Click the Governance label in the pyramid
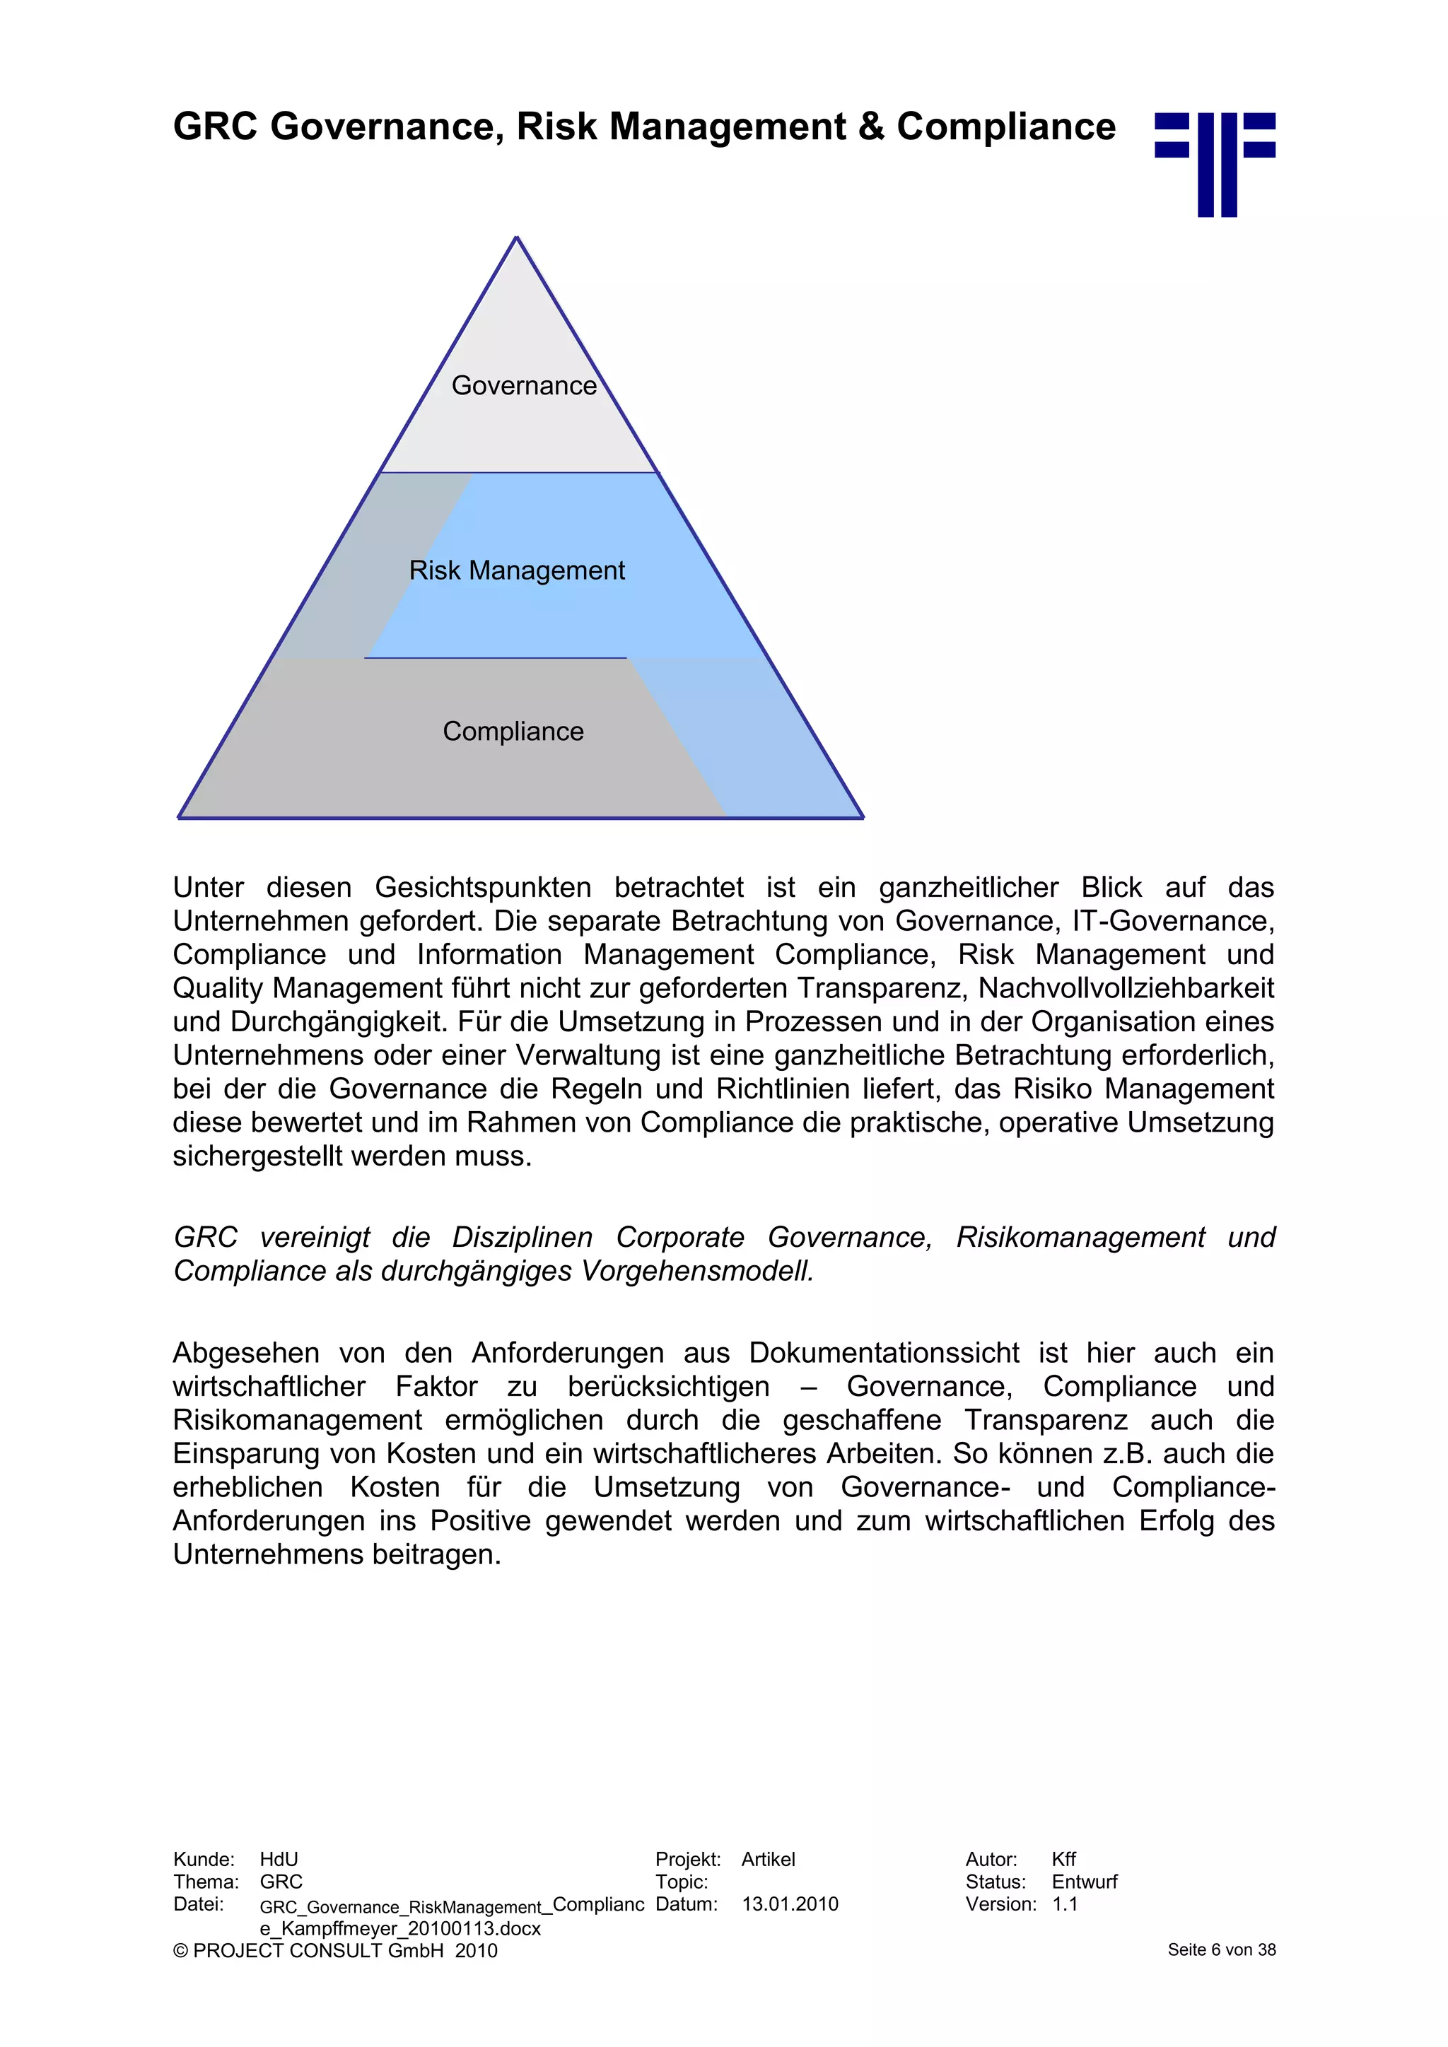523,385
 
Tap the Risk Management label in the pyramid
516,570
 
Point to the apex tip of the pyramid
516,239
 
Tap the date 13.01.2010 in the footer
789,1904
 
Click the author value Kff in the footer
1063,1859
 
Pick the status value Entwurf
1083,1881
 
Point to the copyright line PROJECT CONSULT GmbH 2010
335,1951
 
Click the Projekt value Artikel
768,1859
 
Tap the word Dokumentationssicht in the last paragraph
884,1352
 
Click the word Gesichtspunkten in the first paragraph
482,887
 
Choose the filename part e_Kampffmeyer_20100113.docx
399,1928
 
